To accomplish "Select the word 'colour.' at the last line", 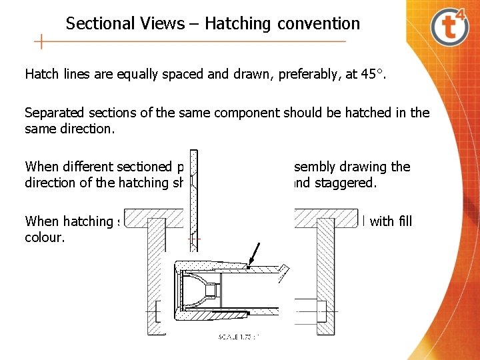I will tap(44, 237).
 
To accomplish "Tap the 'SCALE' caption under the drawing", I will tap(230, 337).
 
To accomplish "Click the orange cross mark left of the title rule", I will tap(41, 42).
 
